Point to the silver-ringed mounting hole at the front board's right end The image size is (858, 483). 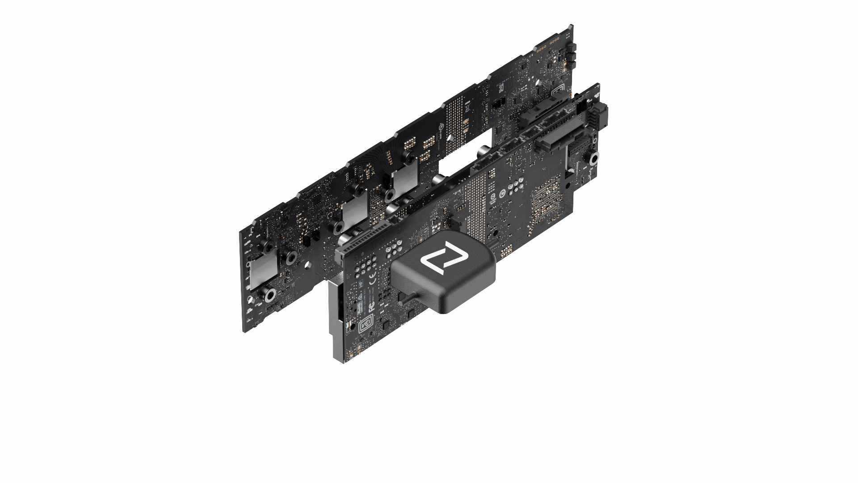pos(594,159)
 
